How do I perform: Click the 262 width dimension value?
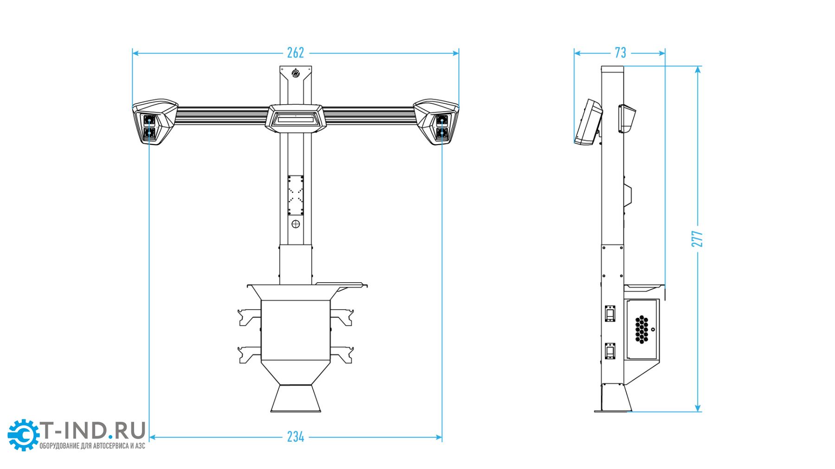pos(295,53)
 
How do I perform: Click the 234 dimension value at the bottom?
pos(295,437)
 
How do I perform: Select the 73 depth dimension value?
pos(620,53)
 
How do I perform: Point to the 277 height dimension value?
pos(697,238)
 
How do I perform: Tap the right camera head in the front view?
pos(437,121)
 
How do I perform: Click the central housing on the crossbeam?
pos(295,118)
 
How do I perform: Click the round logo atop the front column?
pos(295,73)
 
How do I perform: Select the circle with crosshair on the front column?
pos(295,224)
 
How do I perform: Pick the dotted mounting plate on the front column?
pos(295,195)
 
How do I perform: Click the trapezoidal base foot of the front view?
pos(295,399)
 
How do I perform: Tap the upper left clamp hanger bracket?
pos(249,317)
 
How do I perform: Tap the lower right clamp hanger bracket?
pos(342,355)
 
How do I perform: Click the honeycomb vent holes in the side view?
pos(641,329)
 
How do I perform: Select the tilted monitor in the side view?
pos(588,122)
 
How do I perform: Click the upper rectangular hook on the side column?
pos(610,314)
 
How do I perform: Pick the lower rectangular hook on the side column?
pos(610,351)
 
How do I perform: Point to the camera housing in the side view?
pos(626,119)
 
